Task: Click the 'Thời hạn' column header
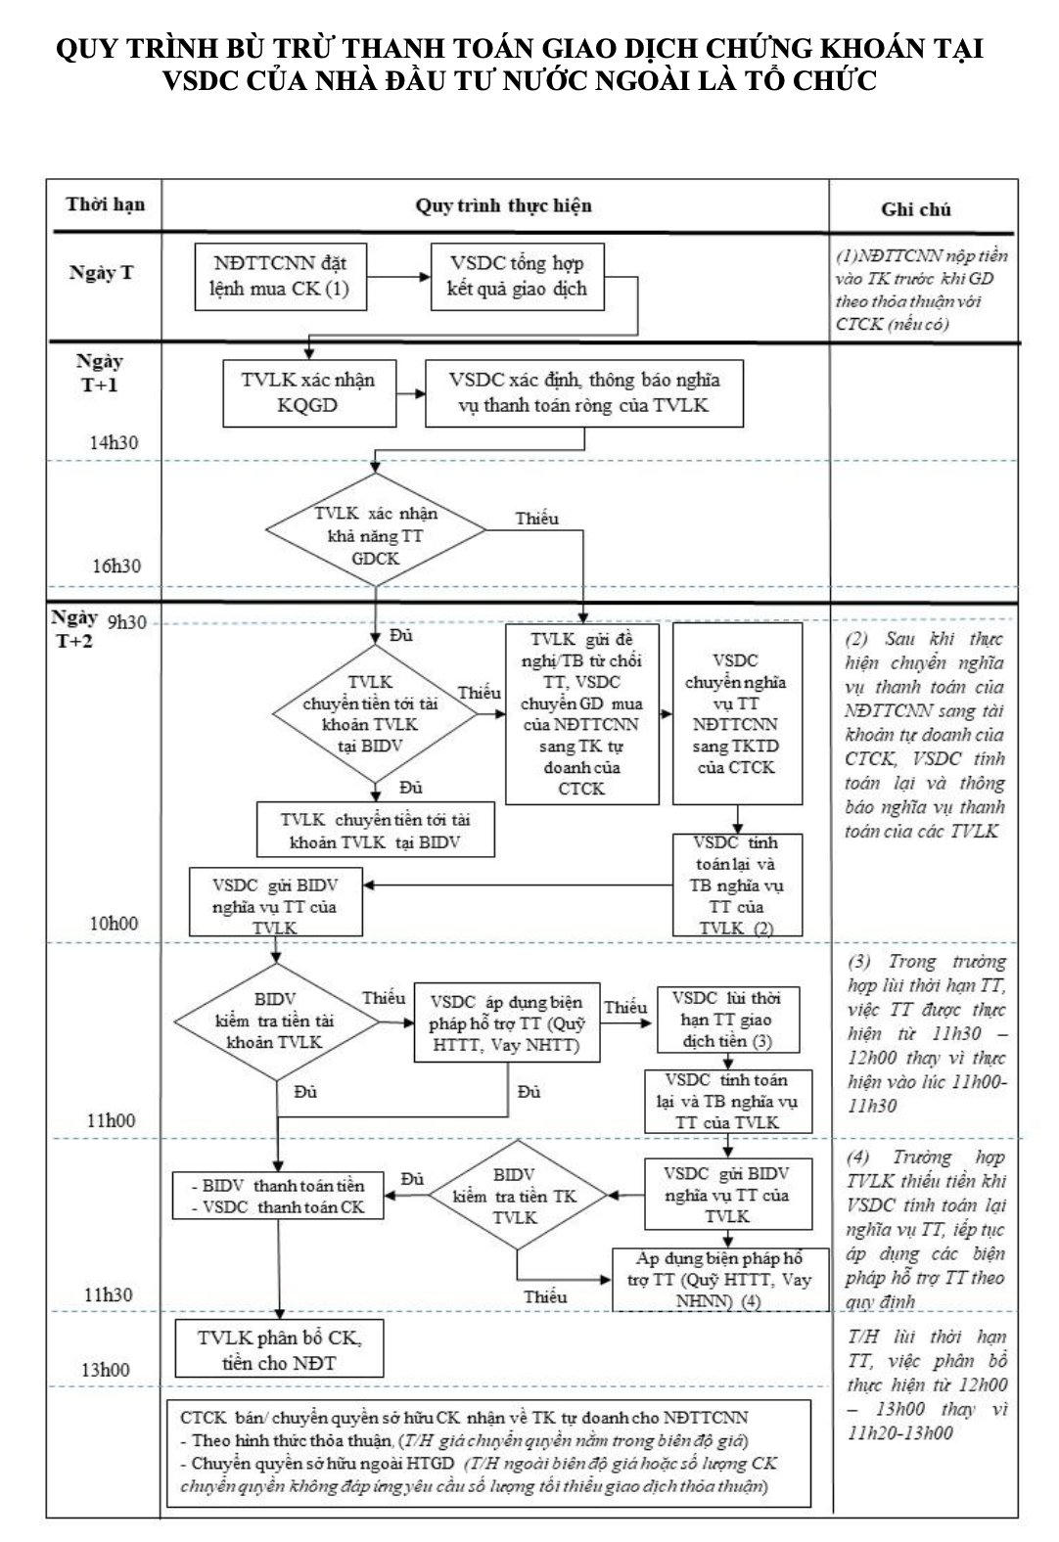tap(106, 204)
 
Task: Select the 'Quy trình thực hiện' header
tap(503, 205)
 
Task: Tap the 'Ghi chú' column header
tap(915, 208)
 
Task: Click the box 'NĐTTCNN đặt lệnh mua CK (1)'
tap(280, 276)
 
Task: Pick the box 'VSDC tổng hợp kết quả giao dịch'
tap(517, 276)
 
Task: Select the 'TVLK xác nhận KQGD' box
tap(308, 392)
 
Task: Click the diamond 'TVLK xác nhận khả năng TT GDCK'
tap(376, 530)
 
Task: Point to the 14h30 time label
tap(114, 442)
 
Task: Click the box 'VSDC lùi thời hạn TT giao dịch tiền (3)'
tap(726, 1020)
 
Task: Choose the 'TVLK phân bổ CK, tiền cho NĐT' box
tap(278, 1349)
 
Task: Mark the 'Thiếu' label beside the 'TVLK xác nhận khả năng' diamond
tap(536, 519)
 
